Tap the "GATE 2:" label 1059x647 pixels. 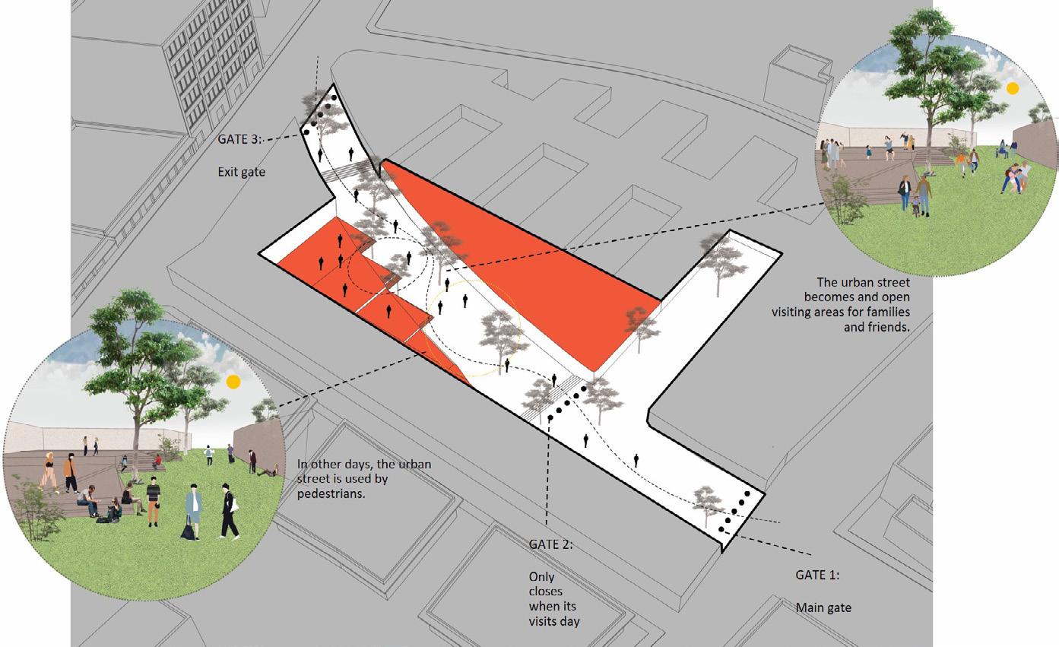[x=550, y=545]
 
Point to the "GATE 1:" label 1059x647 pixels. [x=818, y=575]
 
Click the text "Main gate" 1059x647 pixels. [x=823, y=607]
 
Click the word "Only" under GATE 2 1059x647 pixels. [x=542, y=576]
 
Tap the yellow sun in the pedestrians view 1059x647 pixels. [x=233, y=382]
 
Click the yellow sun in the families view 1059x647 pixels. [x=1012, y=89]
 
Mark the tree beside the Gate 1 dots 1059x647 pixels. [x=708, y=501]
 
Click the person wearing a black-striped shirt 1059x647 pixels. [x=154, y=498]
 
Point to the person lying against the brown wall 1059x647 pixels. [x=267, y=472]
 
